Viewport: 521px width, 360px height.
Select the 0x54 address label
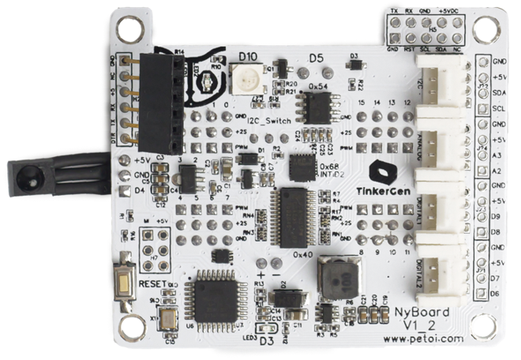pos(317,84)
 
